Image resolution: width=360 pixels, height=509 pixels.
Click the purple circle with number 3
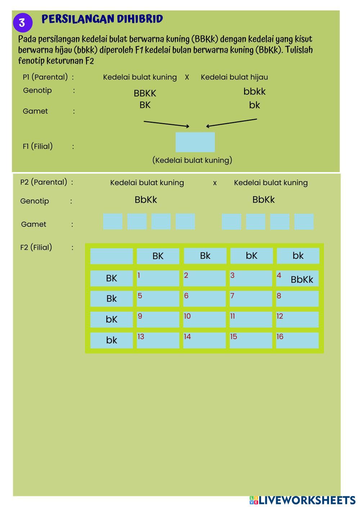pyautogui.click(x=22, y=23)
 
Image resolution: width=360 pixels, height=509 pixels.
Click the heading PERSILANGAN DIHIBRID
pyautogui.click(x=102, y=19)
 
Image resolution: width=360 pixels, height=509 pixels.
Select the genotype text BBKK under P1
pyautogui.click(x=145, y=93)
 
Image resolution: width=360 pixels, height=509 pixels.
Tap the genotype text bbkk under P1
pyautogui.click(x=254, y=91)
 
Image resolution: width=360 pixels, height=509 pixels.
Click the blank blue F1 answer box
pyautogui.click(x=195, y=142)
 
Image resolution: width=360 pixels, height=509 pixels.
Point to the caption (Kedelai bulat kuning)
pyautogui.click(x=192, y=160)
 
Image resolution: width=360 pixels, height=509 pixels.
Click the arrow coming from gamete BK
pyautogui.click(x=166, y=124)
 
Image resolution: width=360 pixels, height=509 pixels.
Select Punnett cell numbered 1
pyautogui.click(x=158, y=278)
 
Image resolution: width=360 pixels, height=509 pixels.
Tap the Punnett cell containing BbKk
pyautogui.click(x=297, y=279)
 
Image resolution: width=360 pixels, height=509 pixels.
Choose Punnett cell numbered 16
pyautogui.click(x=297, y=340)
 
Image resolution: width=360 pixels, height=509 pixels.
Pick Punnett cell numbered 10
pyautogui.click(x=204, y=319)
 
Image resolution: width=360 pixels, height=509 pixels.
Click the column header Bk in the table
pyautogui.click(x=205, y=256)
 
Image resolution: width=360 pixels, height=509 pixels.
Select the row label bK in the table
pyautogui.click(x=112, y=319)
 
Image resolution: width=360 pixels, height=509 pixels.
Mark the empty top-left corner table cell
pyautogui.click(x=112, y=256)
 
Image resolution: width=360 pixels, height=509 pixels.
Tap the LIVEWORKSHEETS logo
pyautogui.click(x=302, y=500)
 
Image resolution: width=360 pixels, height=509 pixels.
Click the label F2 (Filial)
pyautogui.click(x=36, y=247)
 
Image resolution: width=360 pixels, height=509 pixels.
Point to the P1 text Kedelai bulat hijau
pyautogui.click(x=234, y=77)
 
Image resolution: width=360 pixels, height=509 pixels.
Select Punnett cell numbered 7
pyautogui.click(x=251, y=299)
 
